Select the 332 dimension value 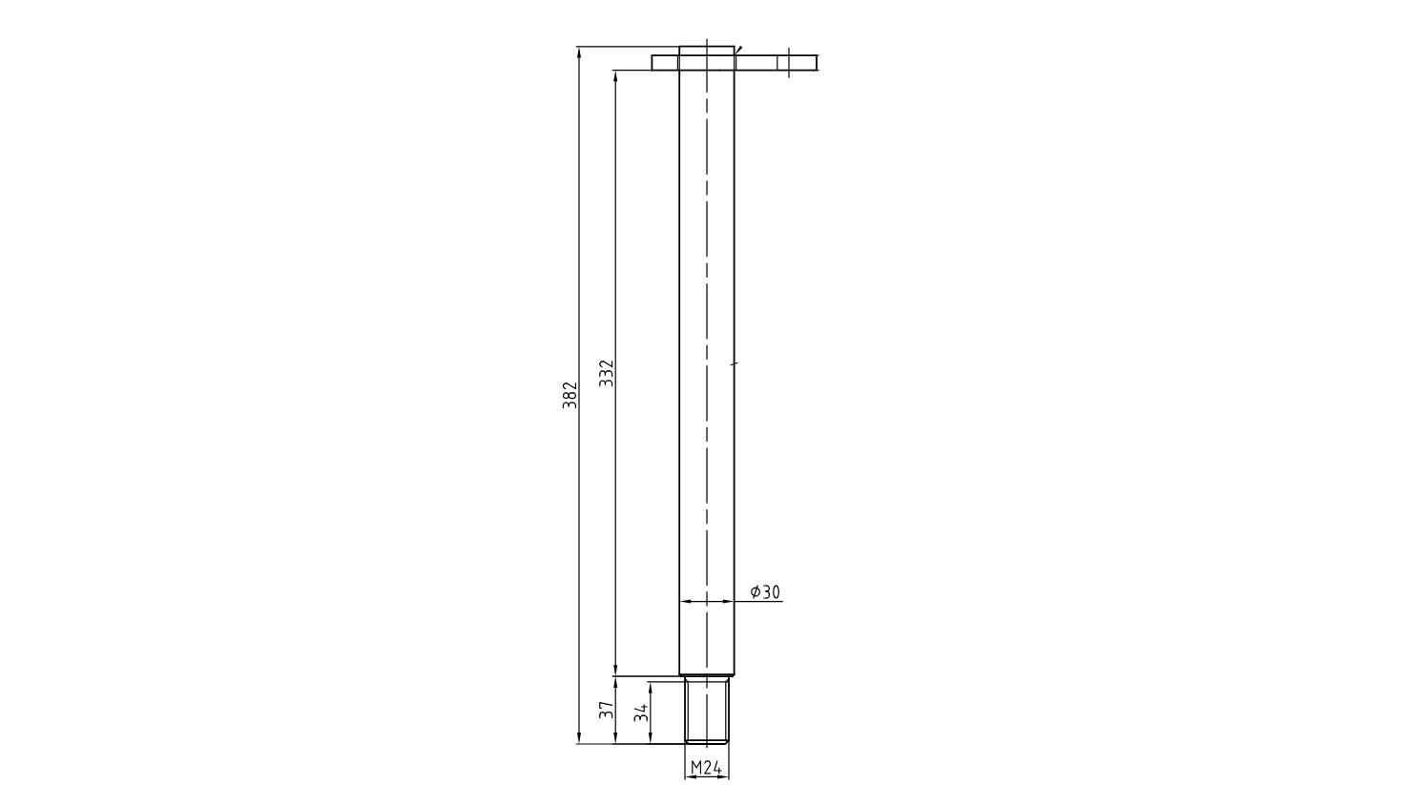pos(606,373)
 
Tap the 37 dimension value pos(606,711)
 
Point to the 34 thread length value pos(641,713)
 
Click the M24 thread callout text pos(706,768)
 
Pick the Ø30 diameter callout pos(765,592)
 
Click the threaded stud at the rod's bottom pos(706,710)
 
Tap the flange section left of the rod pos(666,62)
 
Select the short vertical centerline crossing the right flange pos(789,63)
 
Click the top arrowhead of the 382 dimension pos(579,52)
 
